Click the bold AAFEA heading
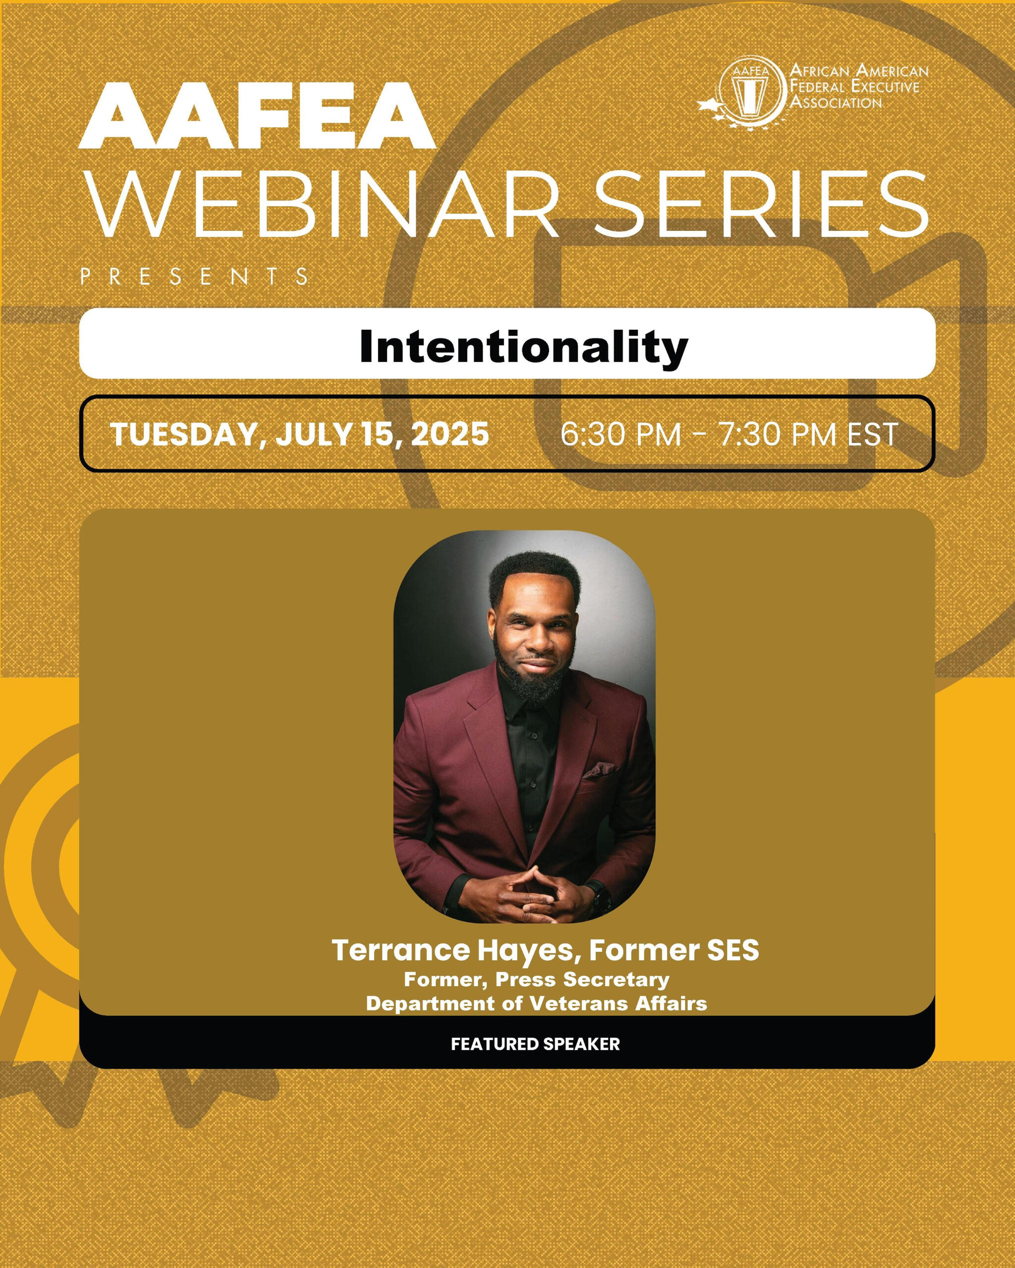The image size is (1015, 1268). click(x=257, y=116)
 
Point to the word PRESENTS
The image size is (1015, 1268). click(x=194, y=276)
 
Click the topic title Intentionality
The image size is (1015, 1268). click(x=524, y=347)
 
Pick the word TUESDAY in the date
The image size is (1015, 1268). click(x=183, y=434)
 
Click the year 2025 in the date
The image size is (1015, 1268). click(x=450, y=434)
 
